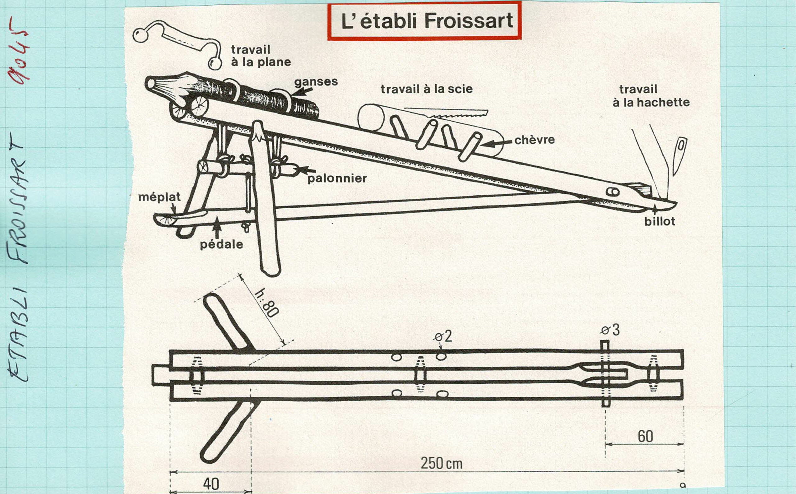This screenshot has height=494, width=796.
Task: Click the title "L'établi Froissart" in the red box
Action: click(x=426, y=21)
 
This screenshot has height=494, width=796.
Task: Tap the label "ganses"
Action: click(x=316, y=82)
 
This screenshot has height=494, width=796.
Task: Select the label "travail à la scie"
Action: click(x=426, y=89)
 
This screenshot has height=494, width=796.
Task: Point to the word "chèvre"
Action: click(x=535, y=140)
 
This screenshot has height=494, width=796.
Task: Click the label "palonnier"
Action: click(x=337, y=178)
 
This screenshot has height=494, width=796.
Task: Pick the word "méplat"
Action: click(x=160, y=197)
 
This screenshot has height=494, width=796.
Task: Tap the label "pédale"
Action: click(x=222, y=244)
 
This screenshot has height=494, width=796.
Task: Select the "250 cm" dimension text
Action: click(x=442, y=463)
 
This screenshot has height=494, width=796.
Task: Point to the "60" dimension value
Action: click(x=646, y=436)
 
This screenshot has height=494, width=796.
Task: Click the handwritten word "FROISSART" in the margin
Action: click(x=18, y=198)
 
